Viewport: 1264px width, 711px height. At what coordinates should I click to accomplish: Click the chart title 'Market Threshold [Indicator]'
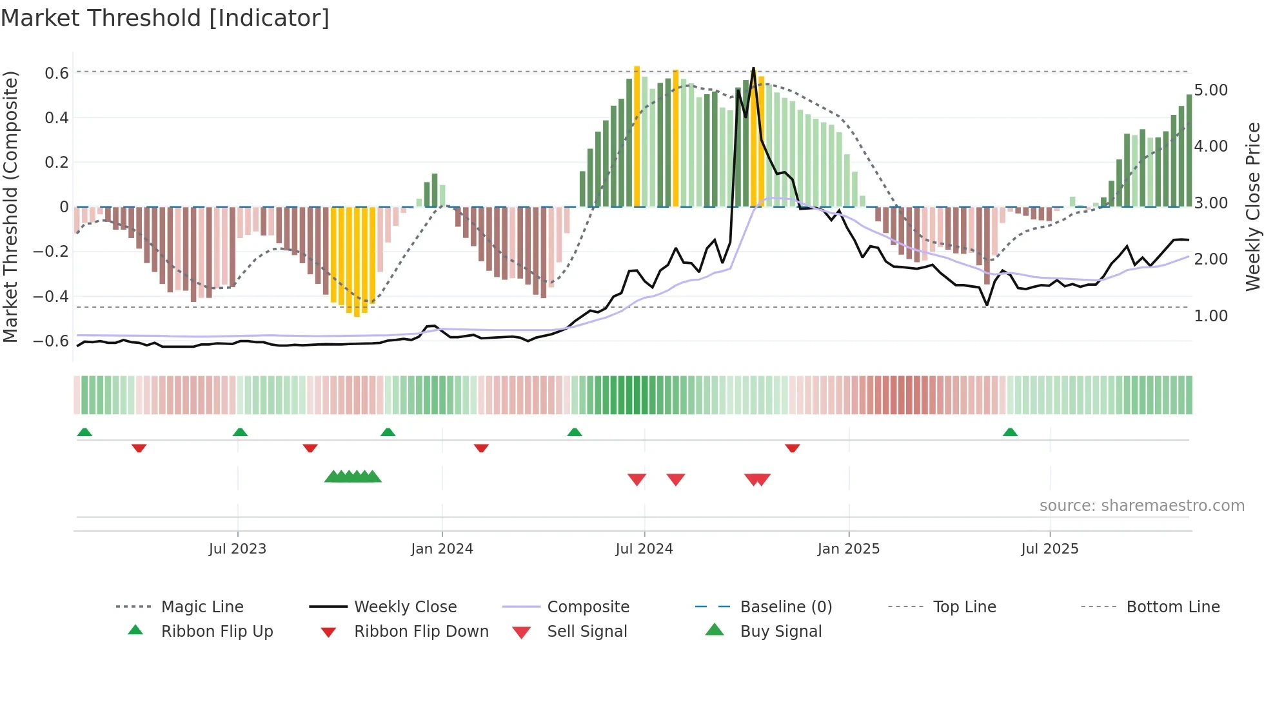coord(165,18)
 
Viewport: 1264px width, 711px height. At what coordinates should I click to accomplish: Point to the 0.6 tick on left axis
coord(57,74)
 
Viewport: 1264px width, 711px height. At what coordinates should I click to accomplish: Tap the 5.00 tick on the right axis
coord(1210,90)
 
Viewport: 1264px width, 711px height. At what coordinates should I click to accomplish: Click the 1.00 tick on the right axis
coord(1210,316)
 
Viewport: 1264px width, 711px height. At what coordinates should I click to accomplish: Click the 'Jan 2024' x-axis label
coord(442,549)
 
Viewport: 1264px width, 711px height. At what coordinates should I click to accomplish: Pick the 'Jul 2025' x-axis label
coord(1049,549)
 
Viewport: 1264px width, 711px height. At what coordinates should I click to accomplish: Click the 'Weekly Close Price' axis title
coord(1252,206)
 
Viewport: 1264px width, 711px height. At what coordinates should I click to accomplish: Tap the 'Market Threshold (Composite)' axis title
coord(10,206)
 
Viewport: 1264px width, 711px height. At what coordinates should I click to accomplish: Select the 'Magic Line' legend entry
coord(202,607)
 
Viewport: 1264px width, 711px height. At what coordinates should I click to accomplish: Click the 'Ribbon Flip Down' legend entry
coord(421,632)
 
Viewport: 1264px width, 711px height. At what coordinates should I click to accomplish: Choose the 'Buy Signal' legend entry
coord(780,632)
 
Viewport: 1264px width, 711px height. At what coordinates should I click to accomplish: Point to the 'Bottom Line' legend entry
coord(1172,607)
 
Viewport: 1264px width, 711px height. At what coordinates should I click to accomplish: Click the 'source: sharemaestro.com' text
coord(1141,506)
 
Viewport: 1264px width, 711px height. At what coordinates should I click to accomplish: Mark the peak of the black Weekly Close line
coord(753,68)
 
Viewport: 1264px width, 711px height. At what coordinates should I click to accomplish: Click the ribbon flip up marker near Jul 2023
coord(240,432)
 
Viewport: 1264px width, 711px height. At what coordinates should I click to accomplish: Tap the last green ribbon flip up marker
coord(1010,432)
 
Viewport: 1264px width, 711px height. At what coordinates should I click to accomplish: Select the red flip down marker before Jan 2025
coord(792,448)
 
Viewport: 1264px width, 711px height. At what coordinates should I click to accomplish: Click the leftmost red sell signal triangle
coord(637,479)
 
